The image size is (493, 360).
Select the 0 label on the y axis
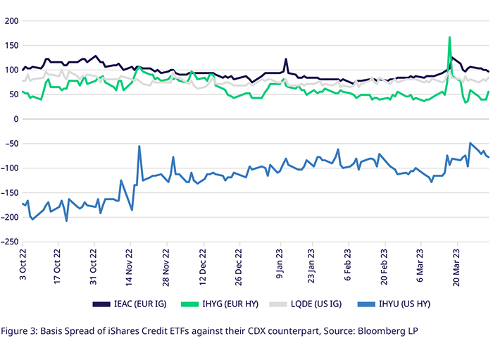[15, 119]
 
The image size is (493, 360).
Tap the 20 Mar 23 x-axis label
[458, 266]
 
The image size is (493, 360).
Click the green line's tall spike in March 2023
[449, 38]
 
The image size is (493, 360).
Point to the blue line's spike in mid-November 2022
[139, 147]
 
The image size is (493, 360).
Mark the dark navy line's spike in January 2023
[286, 59]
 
